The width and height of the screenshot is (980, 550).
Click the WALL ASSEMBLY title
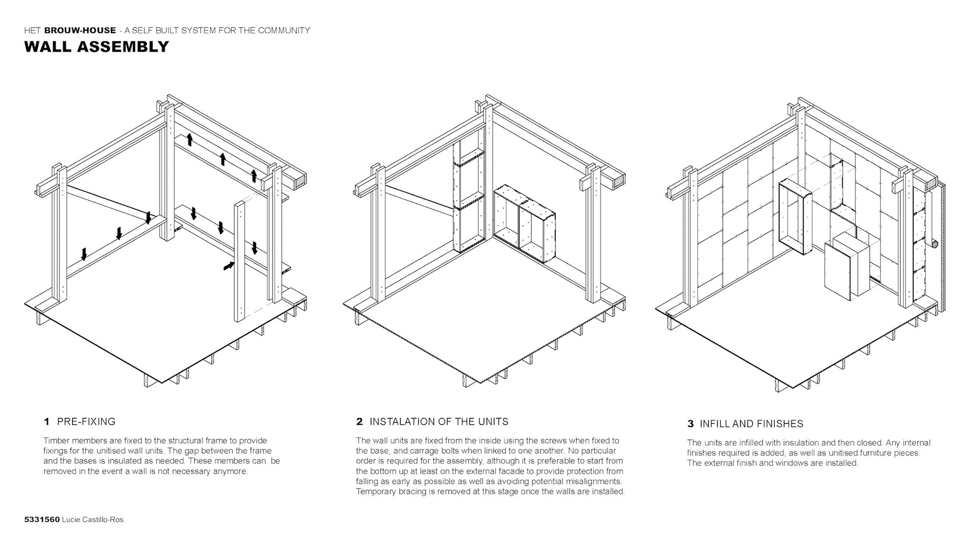[x=96, y=46]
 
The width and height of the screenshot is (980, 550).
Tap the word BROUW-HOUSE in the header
[x=80, y=31]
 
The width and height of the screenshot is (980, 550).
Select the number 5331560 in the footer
[x=42, y=519]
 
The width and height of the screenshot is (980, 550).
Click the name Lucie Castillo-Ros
[x=92, y=519]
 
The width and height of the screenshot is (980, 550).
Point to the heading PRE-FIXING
[x=86, y=421]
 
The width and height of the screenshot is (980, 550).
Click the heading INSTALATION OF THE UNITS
[x=438, y=421]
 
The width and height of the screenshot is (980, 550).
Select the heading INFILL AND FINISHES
[x=751, y=423]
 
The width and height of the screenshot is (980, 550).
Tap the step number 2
[x=359, y=421]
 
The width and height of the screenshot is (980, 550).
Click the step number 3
[x=690, y=423]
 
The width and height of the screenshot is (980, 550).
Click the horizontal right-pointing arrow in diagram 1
[x=229, y=265]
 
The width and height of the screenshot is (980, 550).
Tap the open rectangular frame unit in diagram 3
[x=795, y=217]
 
